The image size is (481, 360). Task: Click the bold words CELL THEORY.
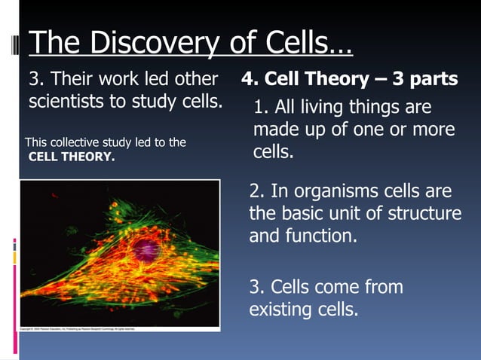click(x=72, y=157)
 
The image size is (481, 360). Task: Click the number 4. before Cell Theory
click(x=250, y=79)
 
